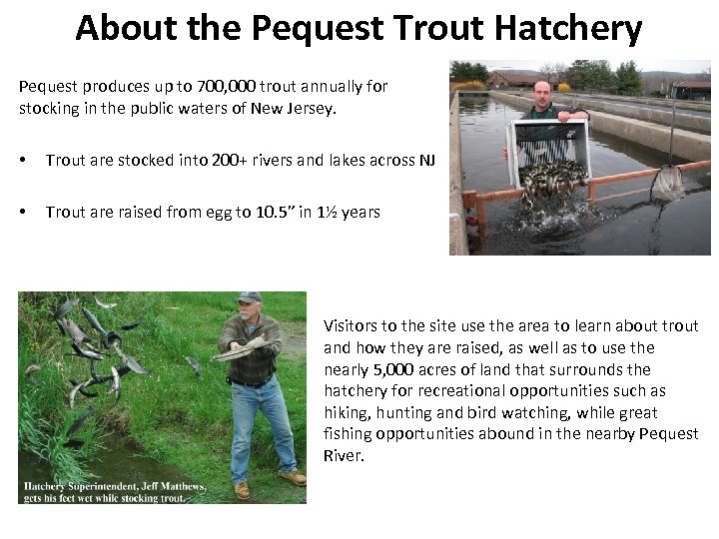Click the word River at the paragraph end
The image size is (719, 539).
[344, 456]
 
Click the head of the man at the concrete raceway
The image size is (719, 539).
[541, 94]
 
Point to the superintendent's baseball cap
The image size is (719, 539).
[249, 297]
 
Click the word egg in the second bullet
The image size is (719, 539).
[167, 212]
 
